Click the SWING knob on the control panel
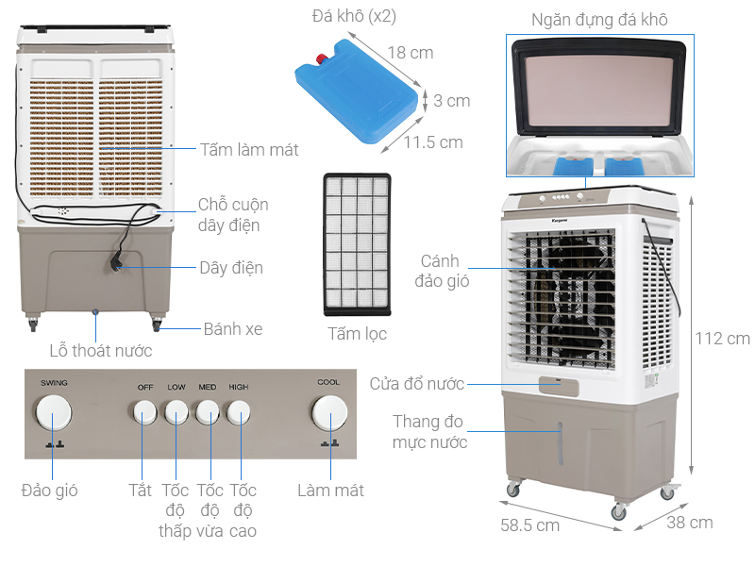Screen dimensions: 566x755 (53, 414)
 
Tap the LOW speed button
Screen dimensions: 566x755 (176, 412)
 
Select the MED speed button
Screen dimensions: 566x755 (208, 412)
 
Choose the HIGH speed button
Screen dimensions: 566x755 (239, 412)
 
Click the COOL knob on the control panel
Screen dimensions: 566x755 (329, 414)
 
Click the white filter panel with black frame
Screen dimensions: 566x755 (356, 244)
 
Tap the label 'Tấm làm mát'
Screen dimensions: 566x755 (249, 149)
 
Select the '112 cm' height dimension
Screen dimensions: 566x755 (722, 338)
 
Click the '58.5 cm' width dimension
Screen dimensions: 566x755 (529, 524)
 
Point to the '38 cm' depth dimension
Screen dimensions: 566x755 (690, 522)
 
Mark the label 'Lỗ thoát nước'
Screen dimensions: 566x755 (101, 351)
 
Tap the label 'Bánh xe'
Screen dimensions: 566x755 (233, 329)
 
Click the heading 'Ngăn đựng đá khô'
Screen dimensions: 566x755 (599, 19)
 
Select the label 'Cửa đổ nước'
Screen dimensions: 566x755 (416, 383)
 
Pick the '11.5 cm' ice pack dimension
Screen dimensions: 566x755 (433, 142)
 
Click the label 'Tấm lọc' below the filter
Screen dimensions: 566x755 (357, 333)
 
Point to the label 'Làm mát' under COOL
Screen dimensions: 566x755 (330, 490)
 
